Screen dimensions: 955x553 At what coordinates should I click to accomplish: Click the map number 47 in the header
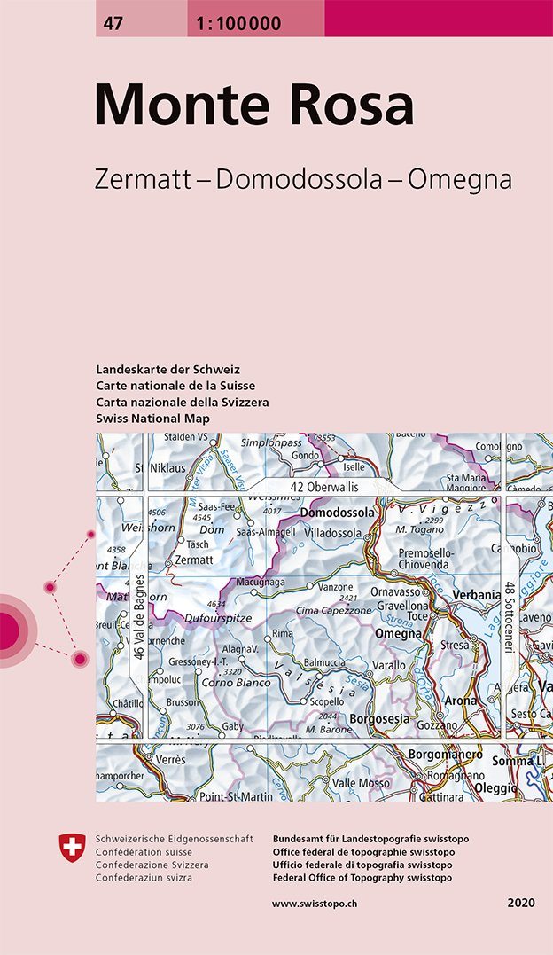pyautogui.click(x=113, y=24)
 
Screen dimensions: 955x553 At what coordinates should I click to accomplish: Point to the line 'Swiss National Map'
pyautogui.click(x=153, y=418)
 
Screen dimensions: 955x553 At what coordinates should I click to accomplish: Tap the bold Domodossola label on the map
pyautogui.click(x=338, y=513)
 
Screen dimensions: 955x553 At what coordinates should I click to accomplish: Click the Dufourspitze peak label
pyautogui.click(x=219, y=619)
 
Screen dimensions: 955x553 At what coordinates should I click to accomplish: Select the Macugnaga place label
pyautogui.click(x=261, y=583)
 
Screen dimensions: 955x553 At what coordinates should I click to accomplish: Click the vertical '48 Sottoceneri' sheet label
pyautogui.click(x=510, y=617)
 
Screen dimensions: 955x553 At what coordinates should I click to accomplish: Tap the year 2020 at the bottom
pyautogui.click(x=521, y=903)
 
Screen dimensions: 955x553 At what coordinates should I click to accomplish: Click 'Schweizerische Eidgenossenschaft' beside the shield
pyautogui.click(x=174, y=839)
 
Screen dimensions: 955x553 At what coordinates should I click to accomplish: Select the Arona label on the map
pyautogui.click(x=461, y=701)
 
